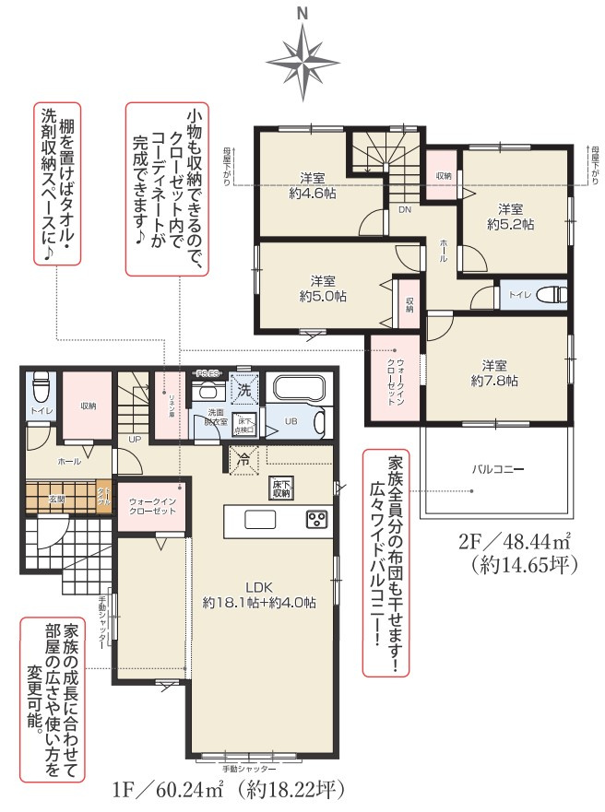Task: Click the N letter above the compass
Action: pos(302,13)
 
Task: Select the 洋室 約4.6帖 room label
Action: pos(311,185)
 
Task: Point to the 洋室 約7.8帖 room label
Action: pos(493,371)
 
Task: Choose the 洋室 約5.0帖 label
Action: pos(323,288)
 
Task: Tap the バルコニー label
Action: pos(499,469)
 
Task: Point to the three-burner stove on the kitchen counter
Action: pos(317,519)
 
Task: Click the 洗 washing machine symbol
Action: pos(244,390)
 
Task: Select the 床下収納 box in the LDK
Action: pos(281,488)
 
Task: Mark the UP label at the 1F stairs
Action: pos(135,440)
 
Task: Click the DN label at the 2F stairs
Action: pos(405,210)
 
